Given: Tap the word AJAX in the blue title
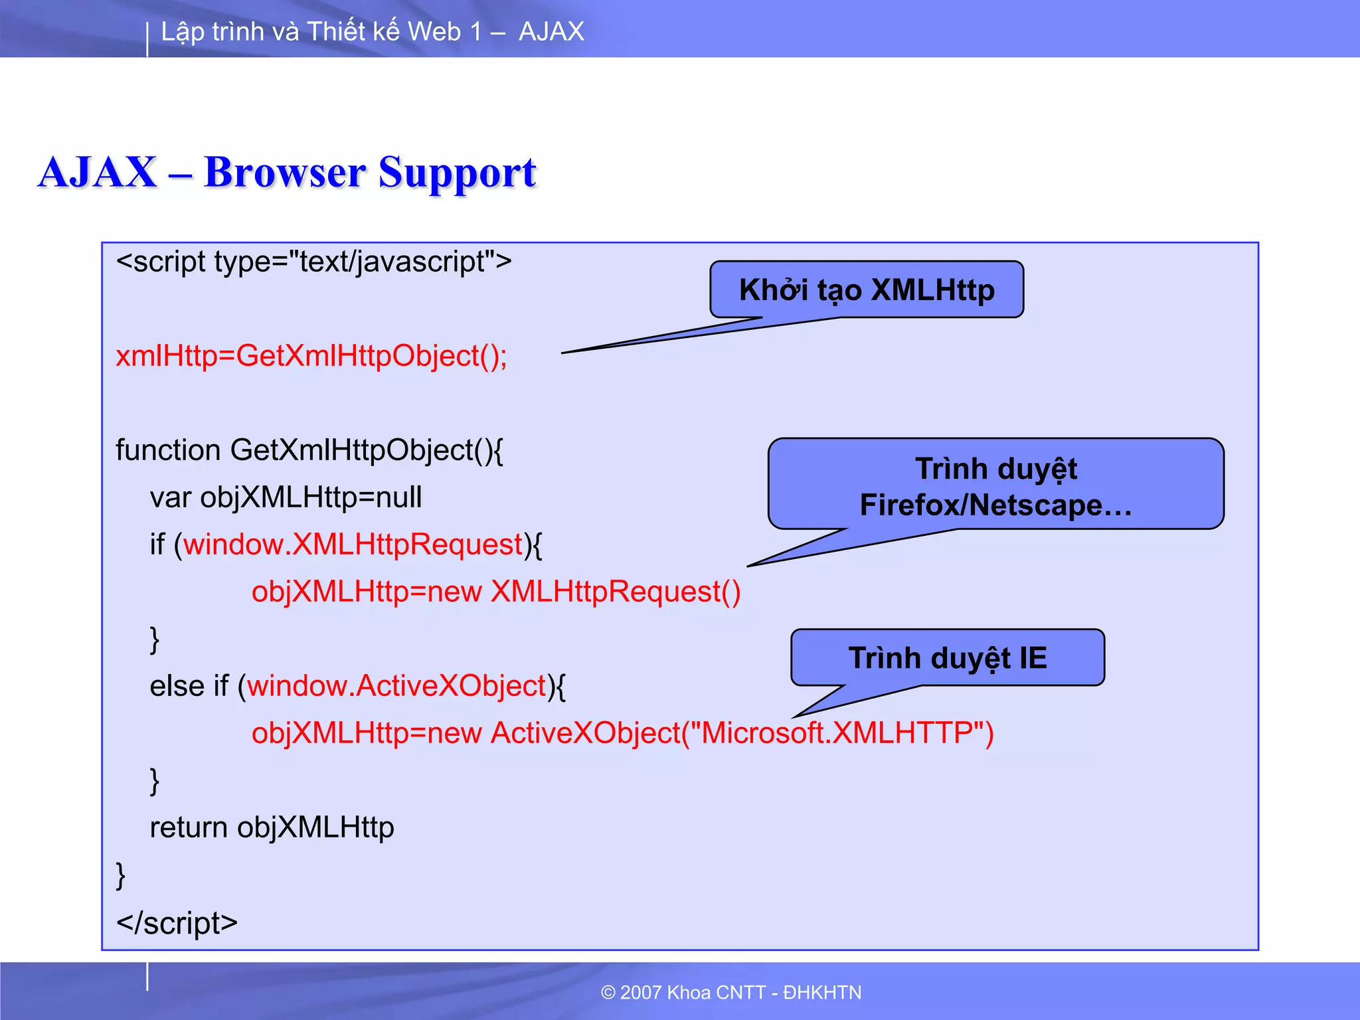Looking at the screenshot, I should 98,172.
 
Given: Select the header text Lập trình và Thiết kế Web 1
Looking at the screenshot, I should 321,31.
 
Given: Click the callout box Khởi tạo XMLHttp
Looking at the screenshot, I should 866,290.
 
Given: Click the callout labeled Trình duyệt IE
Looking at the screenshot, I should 947,657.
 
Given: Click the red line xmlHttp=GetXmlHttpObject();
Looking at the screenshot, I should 311,356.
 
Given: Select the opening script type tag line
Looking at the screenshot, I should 313,262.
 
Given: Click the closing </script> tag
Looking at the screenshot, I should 177,922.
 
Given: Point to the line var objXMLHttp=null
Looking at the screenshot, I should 286,497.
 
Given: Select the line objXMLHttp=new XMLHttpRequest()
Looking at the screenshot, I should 495,592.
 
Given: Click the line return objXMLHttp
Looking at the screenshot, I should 272,827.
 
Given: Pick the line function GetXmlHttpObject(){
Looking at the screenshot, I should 309,450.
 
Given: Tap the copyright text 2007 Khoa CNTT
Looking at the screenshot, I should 730,992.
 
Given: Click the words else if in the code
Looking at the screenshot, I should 189,686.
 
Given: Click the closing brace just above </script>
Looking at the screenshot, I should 121,875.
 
